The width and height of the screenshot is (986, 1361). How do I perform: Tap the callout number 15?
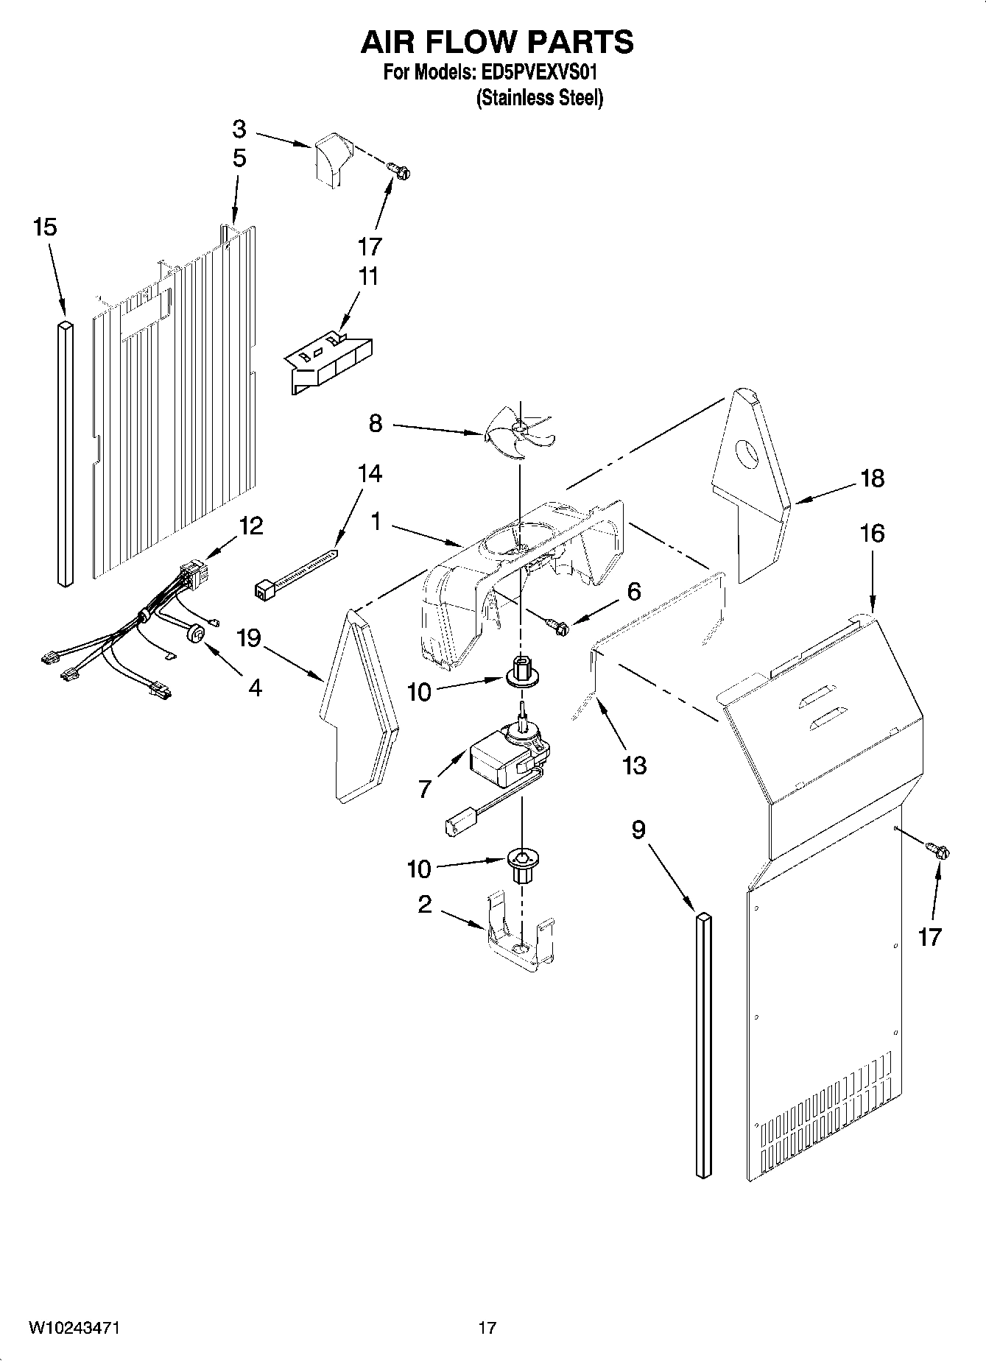click(x=45, y=227)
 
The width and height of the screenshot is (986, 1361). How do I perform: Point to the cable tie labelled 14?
click(x=295, y=576)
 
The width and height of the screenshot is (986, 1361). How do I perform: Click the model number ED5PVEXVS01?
click(x=542, y=73)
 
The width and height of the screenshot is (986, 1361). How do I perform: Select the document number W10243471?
click(x=74, y=1329)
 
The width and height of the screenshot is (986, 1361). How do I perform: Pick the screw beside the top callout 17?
click(x=402, y=172)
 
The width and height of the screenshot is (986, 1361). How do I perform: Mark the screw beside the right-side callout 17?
click(x=940, y=850)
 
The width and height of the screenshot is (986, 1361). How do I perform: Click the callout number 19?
click(x=249, y=637)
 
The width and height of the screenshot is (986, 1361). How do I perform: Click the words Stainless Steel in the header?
click(x=540, y=98)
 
